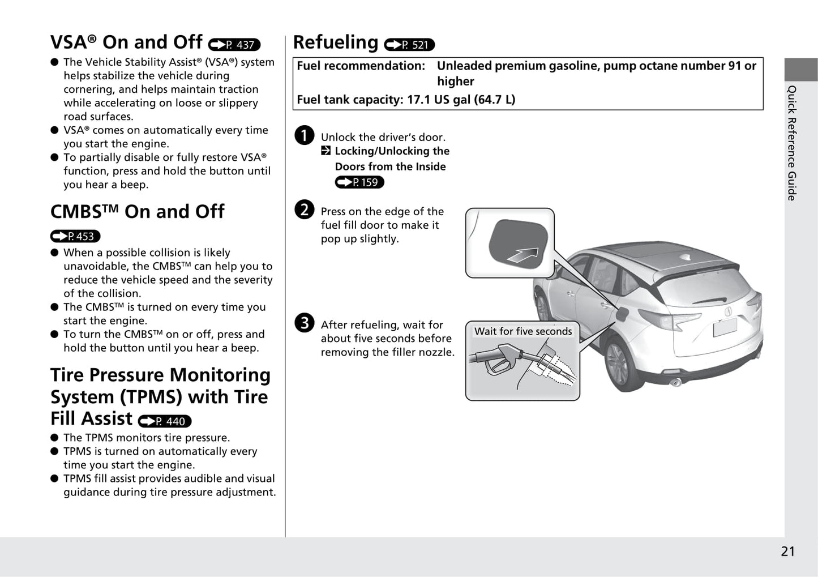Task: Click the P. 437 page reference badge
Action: [234, 45]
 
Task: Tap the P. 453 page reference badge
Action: [75, 236]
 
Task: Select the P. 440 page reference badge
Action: [165, 421]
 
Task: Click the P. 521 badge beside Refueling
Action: [409, 45]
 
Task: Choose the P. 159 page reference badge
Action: [359, 182]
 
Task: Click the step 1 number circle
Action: [304, 136]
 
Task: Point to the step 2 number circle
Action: [304, 210]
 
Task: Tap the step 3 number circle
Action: [304, 323]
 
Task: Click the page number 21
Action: [787, 552]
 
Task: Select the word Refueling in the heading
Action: [336, 42]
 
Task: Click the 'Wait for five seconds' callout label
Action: [523, 331]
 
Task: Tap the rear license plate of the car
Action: [725, 327]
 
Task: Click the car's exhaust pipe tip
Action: [675, 383]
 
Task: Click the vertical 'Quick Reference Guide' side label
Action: [791, 143]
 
